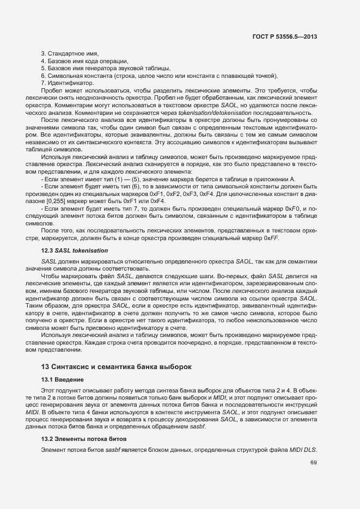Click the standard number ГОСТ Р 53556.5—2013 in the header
(x=285, y=37)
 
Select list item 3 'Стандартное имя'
(x=70, y=53)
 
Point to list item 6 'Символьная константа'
(x=160, y=76)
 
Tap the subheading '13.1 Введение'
(x=62, y=379)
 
